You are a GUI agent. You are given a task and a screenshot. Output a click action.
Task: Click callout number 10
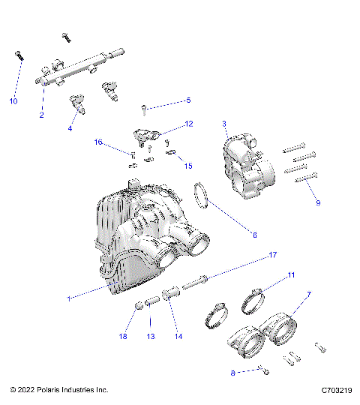coord(13,101)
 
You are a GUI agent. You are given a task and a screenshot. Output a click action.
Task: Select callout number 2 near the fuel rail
coord(42,115)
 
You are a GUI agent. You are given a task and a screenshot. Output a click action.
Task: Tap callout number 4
coord(70,128)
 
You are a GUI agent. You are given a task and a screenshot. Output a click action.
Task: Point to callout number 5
coord(188,100)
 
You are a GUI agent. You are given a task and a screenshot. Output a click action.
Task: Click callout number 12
coord(189,123)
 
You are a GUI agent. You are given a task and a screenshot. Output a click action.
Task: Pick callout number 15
coord(188,166)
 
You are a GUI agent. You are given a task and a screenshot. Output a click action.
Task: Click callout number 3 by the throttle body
coord(224,123)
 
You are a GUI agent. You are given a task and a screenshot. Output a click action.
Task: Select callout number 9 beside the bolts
coord(317,202)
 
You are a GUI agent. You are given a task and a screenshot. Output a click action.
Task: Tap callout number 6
coord(254,235)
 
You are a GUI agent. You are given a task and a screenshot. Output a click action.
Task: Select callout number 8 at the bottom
coord(233,371)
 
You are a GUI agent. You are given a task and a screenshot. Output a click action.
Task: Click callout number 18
coord(123,337)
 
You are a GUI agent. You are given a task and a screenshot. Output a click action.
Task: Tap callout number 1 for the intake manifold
coord(69,298)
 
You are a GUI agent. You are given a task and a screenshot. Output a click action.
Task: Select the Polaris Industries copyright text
coord(59,391)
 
